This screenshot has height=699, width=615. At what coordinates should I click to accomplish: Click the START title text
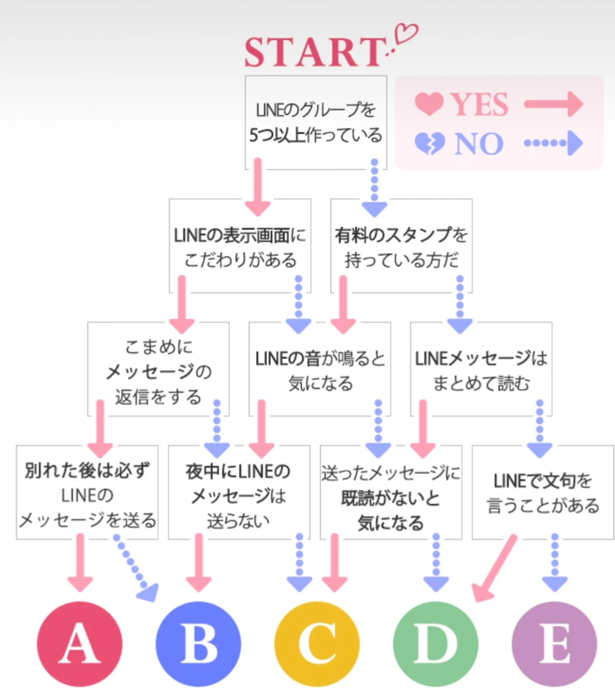[x=314, y=52]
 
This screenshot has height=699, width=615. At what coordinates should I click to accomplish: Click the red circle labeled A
[x=79, y=644]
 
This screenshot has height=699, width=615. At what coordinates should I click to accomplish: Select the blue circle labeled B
[x=198, y=644]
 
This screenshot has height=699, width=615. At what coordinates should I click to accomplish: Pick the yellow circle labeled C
[x=317, y=644]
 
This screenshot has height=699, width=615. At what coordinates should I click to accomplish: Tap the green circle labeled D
[x=436, y=644]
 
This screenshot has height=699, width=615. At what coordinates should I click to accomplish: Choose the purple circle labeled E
[x=554, y=644]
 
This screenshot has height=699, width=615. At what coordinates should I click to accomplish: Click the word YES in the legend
[x=480, y=105]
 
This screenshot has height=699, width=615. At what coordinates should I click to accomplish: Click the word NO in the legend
[x=479, y=143]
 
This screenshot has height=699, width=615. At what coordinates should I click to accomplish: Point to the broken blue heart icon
[x=429, y=143]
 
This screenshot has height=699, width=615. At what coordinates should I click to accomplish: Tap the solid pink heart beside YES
[x=429, y=104]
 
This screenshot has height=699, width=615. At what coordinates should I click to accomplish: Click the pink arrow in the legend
[x=553, y=104]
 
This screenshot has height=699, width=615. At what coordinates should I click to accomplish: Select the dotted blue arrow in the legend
[x=553, y=143]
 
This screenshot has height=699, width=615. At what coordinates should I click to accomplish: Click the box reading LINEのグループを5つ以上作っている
[x=315, y=122]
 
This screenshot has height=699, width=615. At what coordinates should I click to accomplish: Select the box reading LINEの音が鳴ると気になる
[x=320, y=370]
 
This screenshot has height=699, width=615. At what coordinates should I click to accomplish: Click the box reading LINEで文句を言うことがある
[x=542, y=492]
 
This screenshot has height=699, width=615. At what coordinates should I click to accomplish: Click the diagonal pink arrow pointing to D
[x=495, y=568]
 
